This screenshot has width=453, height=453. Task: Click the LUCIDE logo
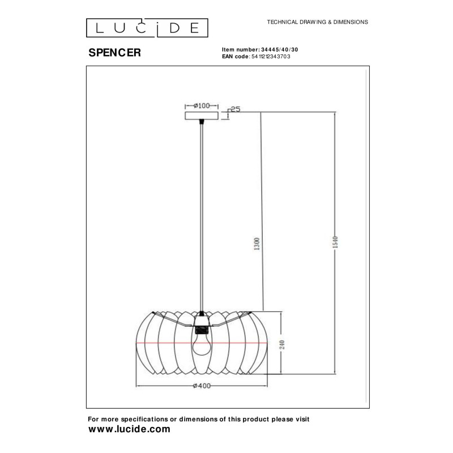coord(147,27)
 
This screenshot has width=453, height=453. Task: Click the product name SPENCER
coord(115,53)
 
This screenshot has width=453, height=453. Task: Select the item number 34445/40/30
coord(279,50)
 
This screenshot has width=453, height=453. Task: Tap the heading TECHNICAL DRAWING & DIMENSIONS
coord(318,22)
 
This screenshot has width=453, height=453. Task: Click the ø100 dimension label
coord(202,105)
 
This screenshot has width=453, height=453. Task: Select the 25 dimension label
coord(236,109)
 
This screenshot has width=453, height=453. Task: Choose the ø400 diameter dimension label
coord(202,386)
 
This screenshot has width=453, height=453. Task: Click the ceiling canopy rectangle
coord(202,116)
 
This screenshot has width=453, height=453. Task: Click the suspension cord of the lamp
coord(202,215)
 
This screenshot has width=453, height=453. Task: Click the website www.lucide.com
coord(129,429)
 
